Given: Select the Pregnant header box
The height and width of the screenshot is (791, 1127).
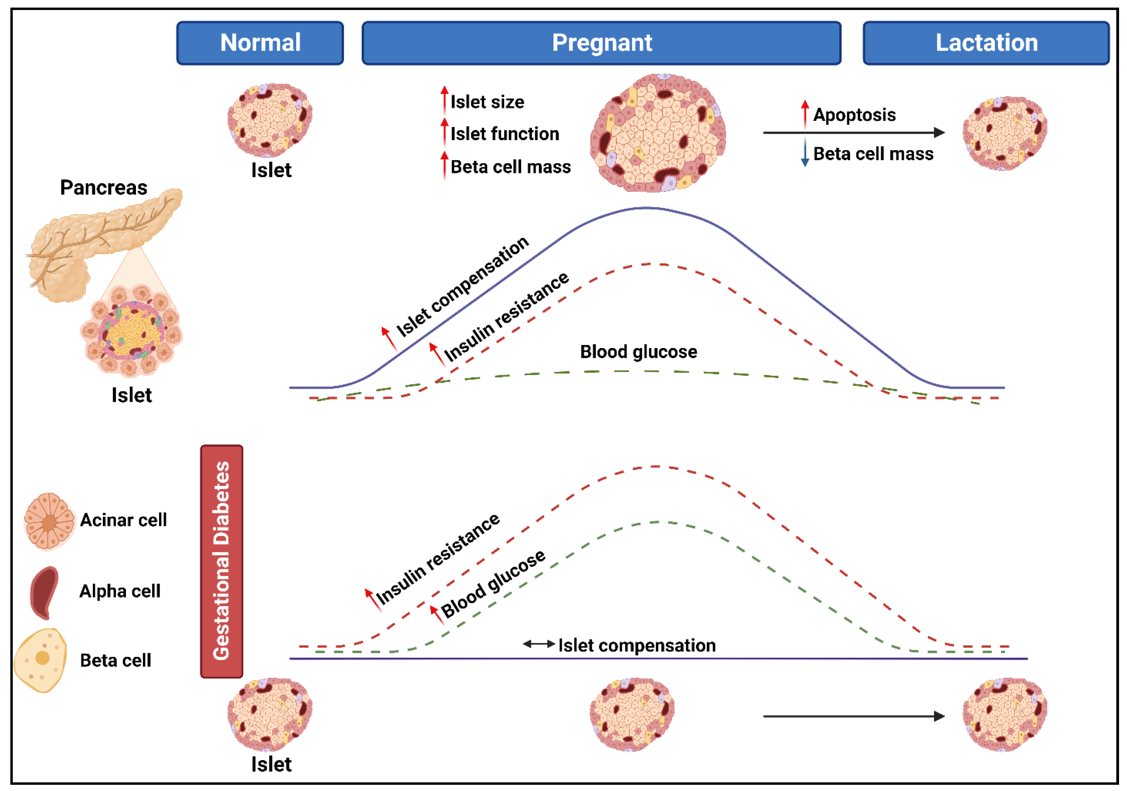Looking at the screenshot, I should (601, 43).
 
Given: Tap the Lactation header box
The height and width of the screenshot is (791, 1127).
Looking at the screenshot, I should (986, 43).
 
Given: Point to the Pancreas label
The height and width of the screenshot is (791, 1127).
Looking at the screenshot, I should (104, 187).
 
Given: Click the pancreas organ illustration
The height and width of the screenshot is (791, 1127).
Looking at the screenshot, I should (98, 240).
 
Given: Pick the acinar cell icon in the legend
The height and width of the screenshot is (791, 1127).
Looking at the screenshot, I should (49, 521).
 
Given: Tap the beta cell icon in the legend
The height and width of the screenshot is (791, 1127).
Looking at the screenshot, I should (41, 660).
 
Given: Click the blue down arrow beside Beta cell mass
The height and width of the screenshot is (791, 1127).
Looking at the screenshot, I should (805, 152).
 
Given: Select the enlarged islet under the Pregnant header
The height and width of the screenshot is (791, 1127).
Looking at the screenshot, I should (658, 132).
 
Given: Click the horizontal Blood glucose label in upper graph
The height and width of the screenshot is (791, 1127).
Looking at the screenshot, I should (638, 352).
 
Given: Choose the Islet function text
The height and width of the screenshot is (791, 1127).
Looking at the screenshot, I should (504, 134).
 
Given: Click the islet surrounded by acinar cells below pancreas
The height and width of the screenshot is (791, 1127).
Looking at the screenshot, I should (131, 330).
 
